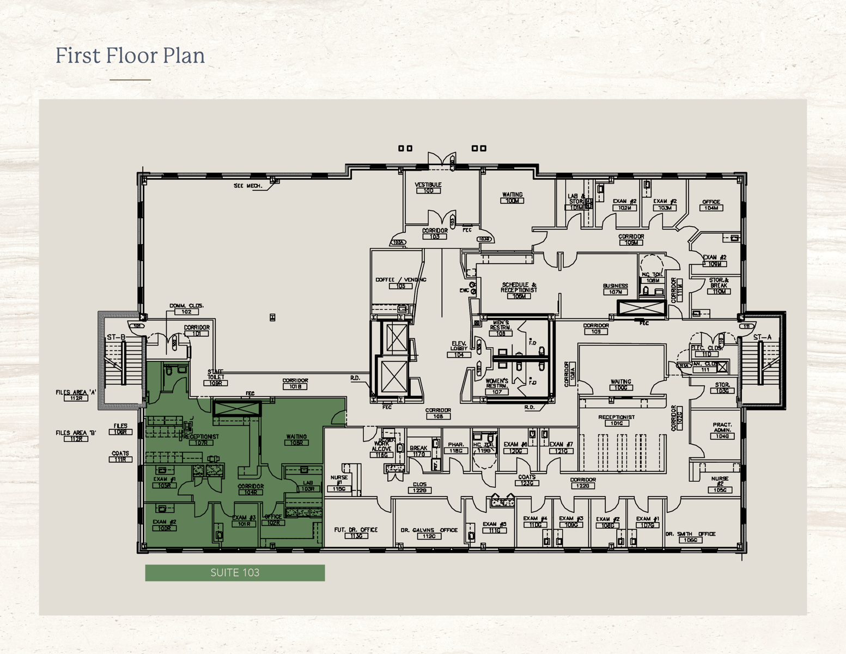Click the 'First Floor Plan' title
click(130, 56)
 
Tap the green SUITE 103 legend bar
click(235, 573)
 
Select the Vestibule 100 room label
click(428, 187)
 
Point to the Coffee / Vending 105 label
click(400, 283)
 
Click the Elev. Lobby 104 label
click(459, 349)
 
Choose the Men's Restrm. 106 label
click(500, 328)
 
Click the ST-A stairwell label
click(762, 337)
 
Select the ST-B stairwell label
click(115, 337)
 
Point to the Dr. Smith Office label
click(690, 537)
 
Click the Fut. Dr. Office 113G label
click(356, 532)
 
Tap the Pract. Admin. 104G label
click(722, 431)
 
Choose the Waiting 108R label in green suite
click(296, 439)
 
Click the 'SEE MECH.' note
click(248, 186)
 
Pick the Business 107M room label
click(616, 289)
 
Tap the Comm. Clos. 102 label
click(186, 308)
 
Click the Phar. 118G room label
click(455, 447)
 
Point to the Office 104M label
click(711, 205)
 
